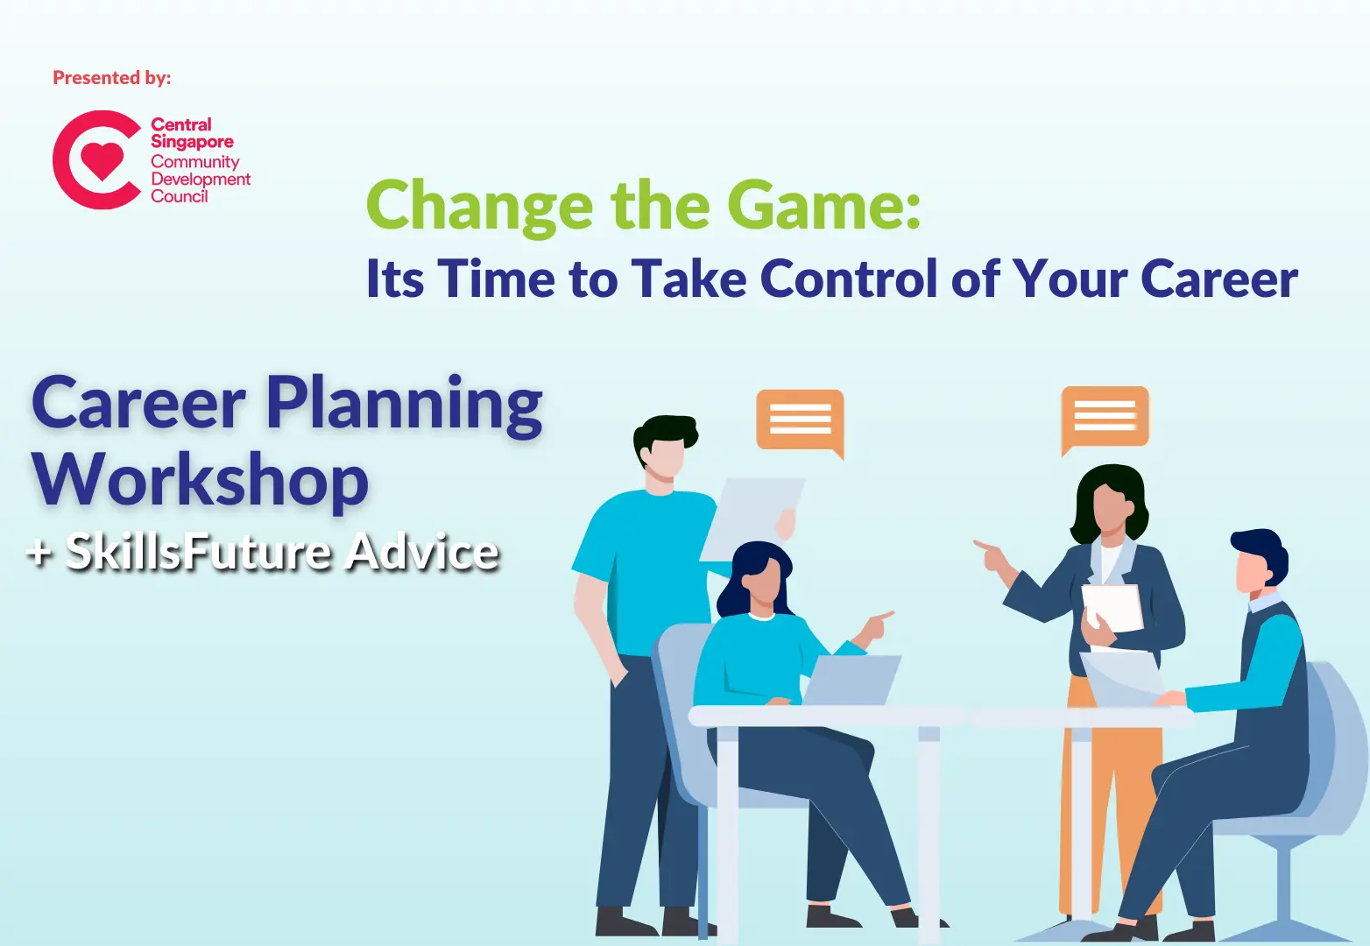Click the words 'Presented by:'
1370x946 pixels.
coord(112,78)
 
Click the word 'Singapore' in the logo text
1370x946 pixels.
coord(192,142)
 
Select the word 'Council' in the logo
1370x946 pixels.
coord(179,196)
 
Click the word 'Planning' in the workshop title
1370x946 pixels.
coord(404,404)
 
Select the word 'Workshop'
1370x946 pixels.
coord(201,480)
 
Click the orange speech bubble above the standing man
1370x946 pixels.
coord(800,420)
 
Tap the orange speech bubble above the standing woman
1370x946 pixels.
coord(1105,416)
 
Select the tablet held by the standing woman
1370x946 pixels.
coord(1113,606)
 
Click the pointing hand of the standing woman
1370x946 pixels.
coord(990,552)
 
